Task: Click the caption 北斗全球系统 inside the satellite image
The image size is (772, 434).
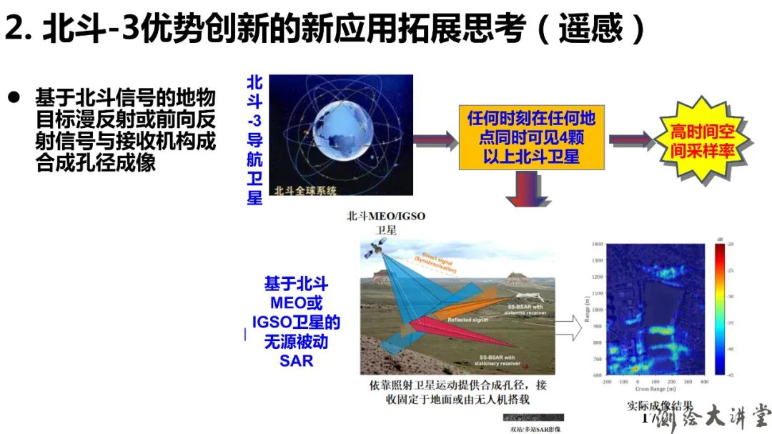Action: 305,189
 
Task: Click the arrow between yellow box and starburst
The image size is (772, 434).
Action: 631,140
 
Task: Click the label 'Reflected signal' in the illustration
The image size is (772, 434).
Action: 467,320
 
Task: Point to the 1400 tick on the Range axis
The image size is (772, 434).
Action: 597,244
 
